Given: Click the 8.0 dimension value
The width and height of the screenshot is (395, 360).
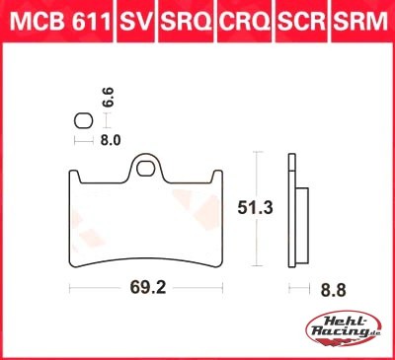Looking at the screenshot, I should [x=109, y=140].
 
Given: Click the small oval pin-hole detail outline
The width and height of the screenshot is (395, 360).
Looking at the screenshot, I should [x=84, y=120].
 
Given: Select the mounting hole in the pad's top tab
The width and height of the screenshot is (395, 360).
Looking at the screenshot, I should [x=149, y=167].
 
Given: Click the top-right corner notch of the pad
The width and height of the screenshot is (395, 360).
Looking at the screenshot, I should [x=219, y=177].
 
